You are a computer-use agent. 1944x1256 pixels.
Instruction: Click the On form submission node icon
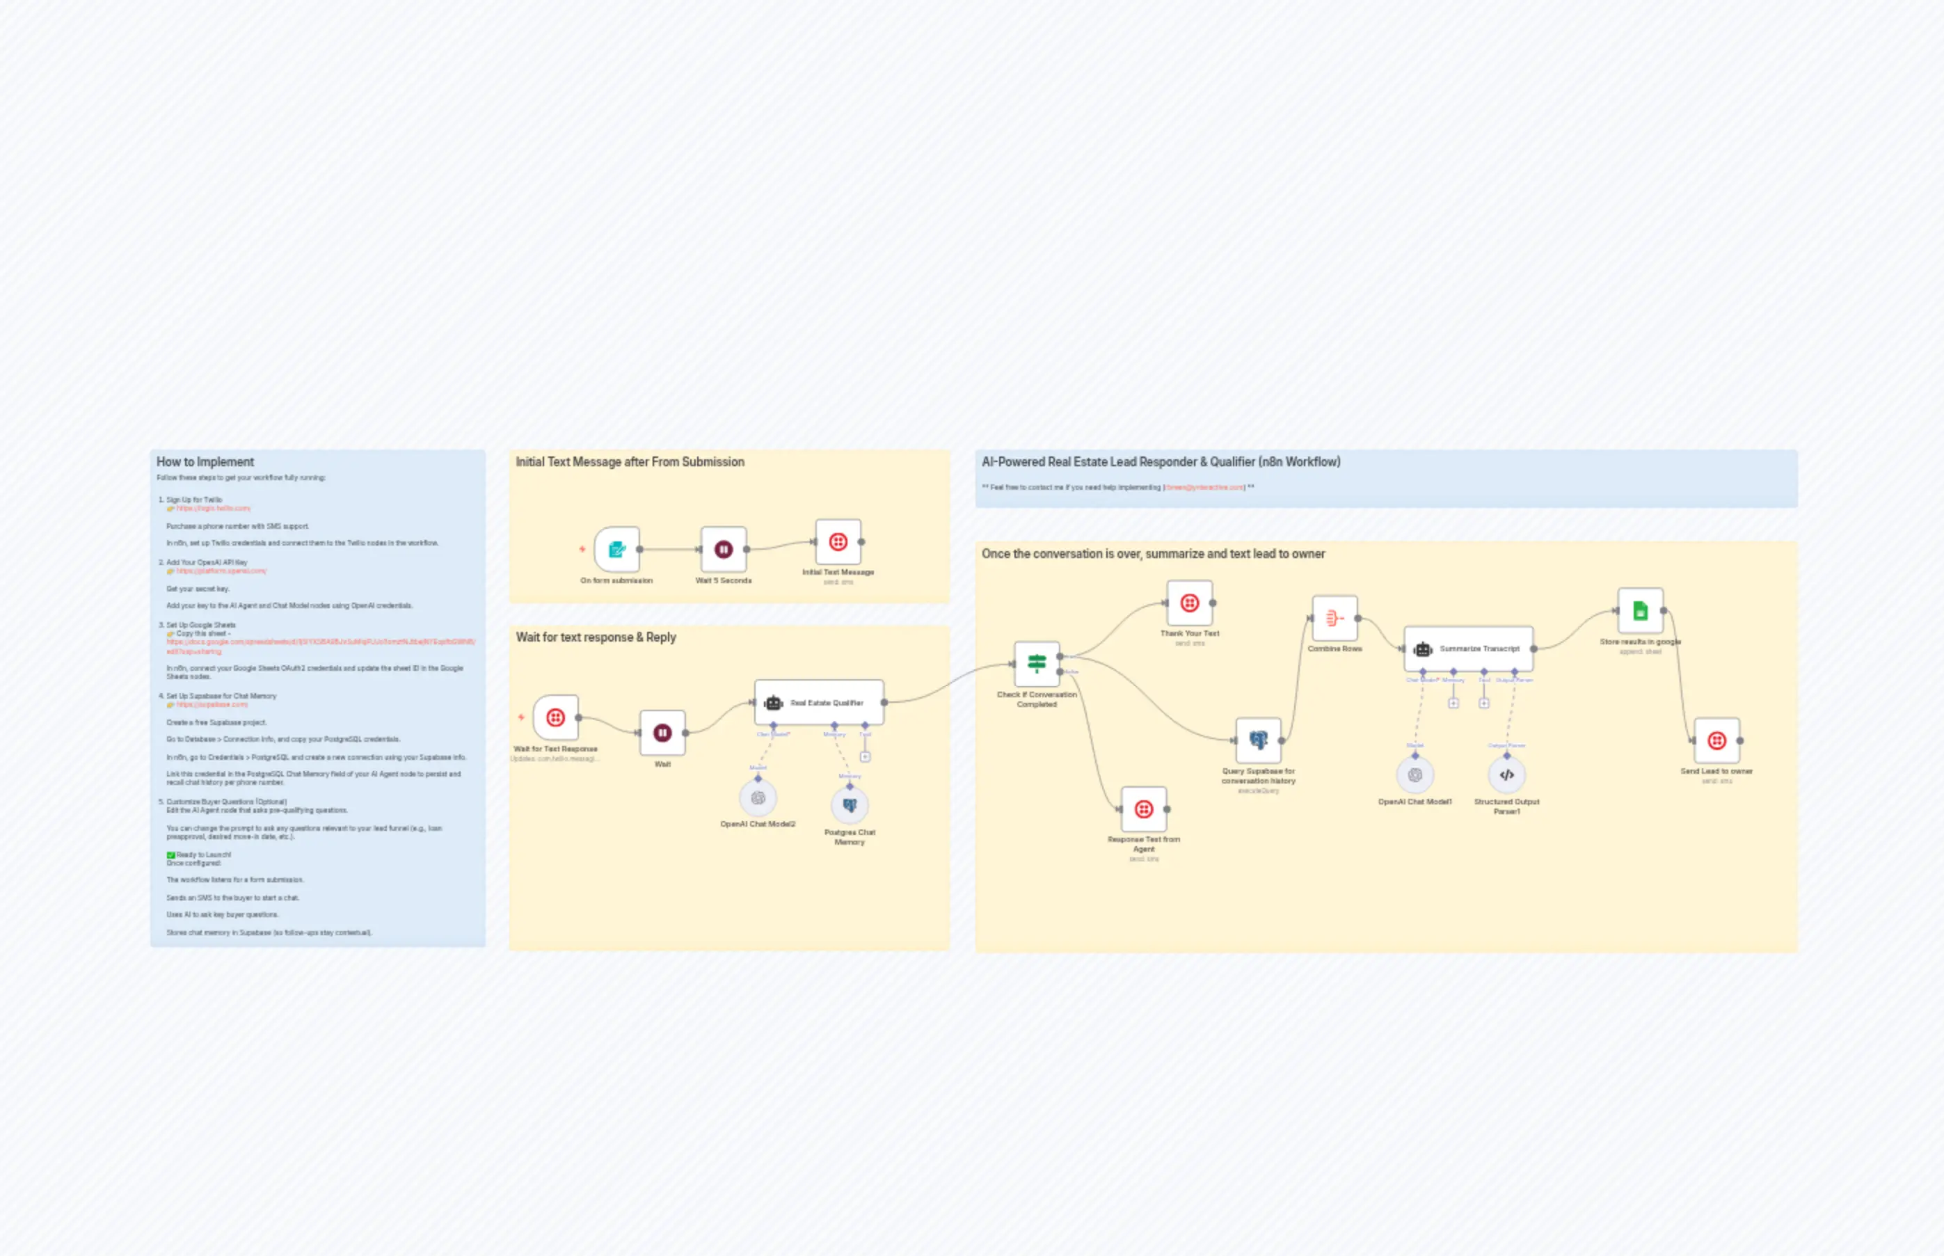[616, 549]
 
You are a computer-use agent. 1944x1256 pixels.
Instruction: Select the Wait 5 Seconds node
[724, 549]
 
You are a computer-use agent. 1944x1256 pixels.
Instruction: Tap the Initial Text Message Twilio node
[838, 541]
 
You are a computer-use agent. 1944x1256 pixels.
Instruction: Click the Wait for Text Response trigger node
[555, 717]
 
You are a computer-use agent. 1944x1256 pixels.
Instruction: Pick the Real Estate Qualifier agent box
[819, 702]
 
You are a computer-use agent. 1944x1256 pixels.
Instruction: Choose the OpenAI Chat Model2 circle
[758, 797]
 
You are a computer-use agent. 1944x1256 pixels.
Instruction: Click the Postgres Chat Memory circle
[849, 805]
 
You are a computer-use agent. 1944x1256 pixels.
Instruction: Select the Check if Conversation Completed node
[1037, 664]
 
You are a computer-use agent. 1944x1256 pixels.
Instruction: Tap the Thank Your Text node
[1189, 603]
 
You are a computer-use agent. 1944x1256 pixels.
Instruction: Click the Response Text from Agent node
[1143, 809]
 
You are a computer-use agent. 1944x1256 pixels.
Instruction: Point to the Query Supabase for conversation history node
[1257, 740]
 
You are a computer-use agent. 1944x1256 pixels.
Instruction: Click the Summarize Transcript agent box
[1468, 649]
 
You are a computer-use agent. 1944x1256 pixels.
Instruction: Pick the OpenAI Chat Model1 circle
[1415, 774]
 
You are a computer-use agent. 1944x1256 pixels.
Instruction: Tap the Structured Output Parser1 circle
[1506, 774]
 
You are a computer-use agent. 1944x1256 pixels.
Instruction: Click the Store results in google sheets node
[1640, 610]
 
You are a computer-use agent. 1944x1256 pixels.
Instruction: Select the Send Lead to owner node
[1716, 740]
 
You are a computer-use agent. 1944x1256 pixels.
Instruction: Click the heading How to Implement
[205, 461]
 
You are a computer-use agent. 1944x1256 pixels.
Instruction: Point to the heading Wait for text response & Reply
[596, 637]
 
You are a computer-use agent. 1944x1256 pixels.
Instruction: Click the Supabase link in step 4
[212, 705]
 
